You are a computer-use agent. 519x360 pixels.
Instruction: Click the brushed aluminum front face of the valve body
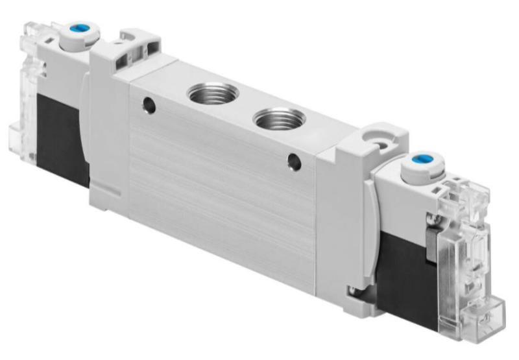coord(221,182)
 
